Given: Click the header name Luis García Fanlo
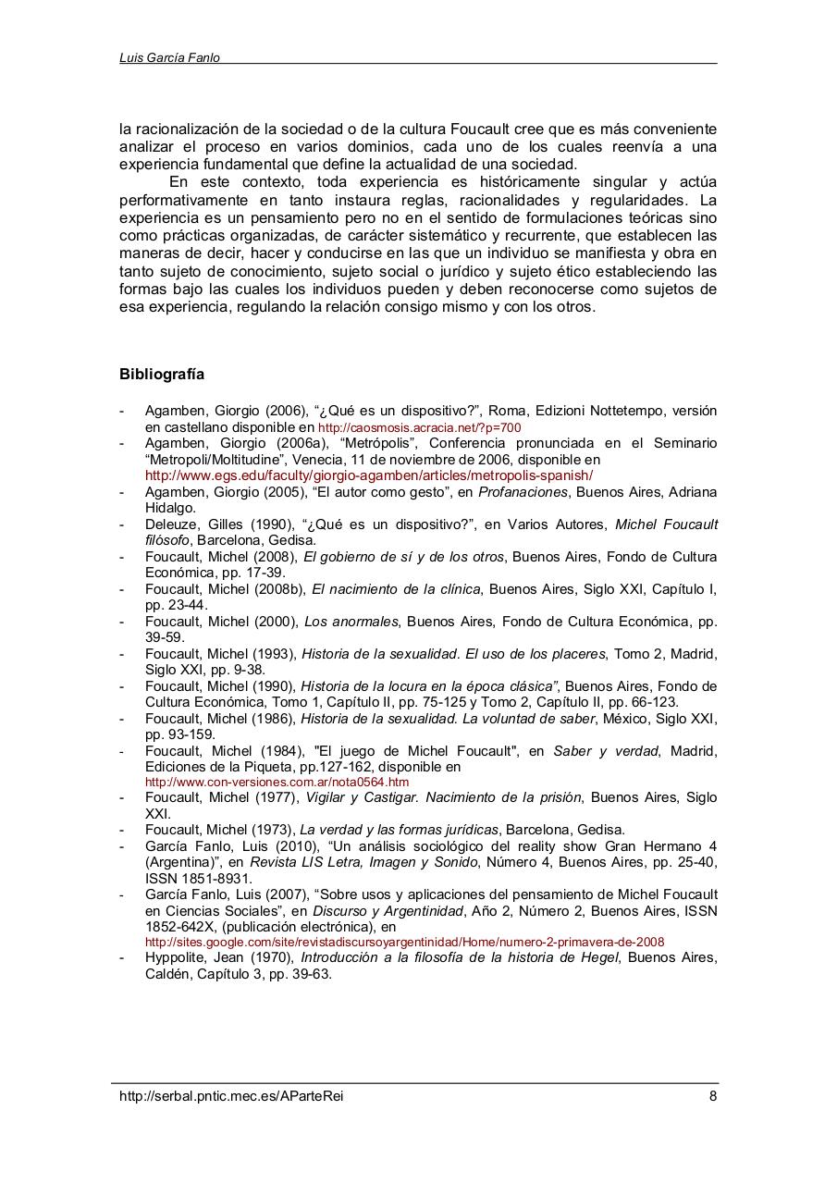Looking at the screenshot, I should [169, 57].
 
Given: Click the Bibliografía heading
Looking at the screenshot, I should [162, 375].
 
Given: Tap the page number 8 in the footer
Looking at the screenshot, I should [712, 1096].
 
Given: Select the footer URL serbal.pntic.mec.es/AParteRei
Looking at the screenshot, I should [238, 1096].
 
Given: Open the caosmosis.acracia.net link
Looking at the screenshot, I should [420, 428].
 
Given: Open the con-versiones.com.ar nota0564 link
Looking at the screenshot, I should [277, 782].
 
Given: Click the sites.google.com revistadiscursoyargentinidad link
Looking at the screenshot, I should [404, 942].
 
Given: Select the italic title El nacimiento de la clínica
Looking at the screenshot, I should [396, 588].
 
